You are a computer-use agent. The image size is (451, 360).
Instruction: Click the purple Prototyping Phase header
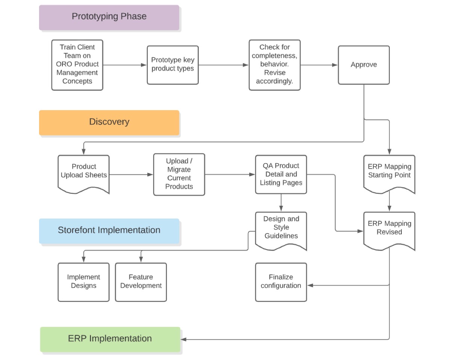tap(109, 17)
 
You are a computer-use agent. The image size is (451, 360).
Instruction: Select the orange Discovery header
tap(109, 122)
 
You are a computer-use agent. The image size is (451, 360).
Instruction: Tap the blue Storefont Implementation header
tap(109, 230)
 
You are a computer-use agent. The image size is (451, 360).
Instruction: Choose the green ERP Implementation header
tap(110, 339)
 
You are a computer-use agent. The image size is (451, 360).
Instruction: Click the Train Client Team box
tap(77, 65)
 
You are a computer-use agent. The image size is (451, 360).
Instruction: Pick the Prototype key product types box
tap(173, 65)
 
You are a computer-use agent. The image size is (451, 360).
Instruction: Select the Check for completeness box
tap(274, 65)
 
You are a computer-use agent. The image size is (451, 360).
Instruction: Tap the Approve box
tap(363, 65)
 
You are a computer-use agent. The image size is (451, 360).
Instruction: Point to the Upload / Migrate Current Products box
tap(179, 174)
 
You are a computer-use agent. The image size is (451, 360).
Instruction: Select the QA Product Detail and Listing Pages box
tap(281, 174)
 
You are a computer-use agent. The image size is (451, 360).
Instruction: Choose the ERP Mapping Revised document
tap(389, 229)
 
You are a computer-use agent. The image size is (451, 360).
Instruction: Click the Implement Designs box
tap(83, 282)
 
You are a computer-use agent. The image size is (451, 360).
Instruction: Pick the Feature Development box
tap(141, 282)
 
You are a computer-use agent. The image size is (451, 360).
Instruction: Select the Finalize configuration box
tap(281, 282)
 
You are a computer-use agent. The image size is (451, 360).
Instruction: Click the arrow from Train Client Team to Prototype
tap(124, 65)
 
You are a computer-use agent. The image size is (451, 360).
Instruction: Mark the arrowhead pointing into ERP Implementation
tap(184, 339)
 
